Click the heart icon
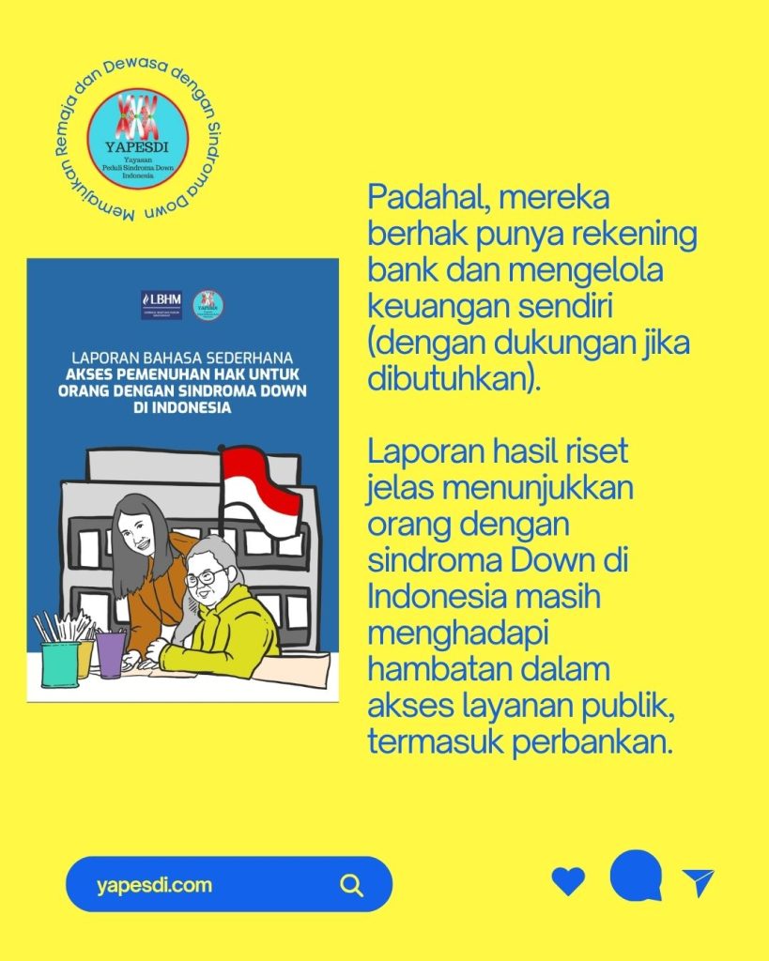point(568,881)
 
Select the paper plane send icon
point(698,882)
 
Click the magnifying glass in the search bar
point(352,885)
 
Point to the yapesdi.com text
point(154,885)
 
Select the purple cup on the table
point(111,654)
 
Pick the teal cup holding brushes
point(59,663)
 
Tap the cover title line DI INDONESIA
point(182,409)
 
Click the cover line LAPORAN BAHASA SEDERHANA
point(182,357)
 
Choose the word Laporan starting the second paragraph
point(420,451)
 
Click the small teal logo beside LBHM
point(208,303)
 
